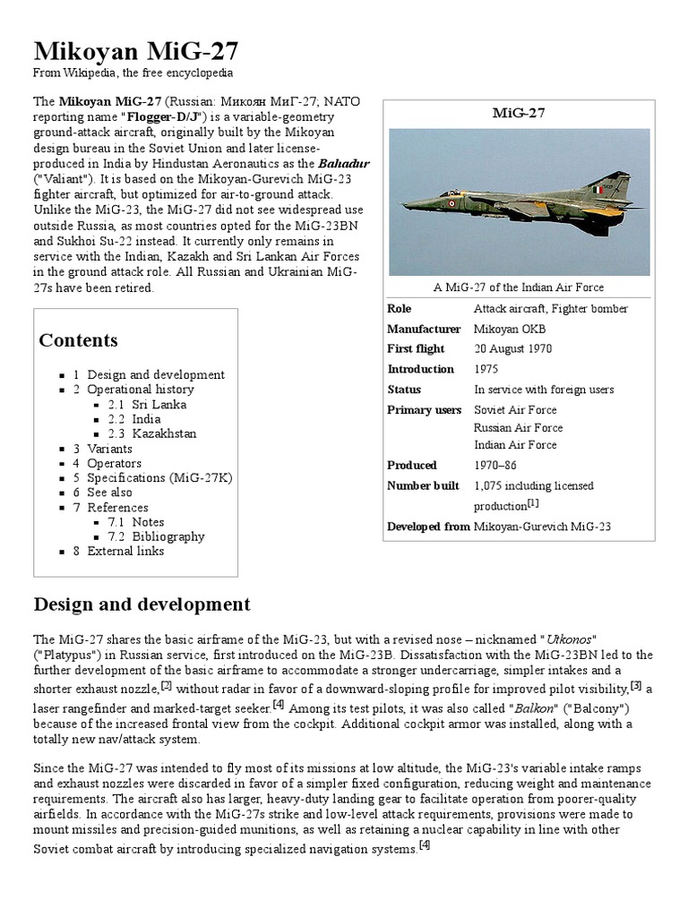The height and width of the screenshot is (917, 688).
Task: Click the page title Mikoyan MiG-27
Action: (135, 50)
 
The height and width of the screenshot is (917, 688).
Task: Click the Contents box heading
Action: (79, 340)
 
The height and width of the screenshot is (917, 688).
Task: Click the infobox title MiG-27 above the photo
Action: (519, 113)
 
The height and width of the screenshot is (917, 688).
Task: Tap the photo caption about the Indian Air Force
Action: (519, 287)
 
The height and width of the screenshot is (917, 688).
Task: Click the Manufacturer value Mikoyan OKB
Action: (509, 329)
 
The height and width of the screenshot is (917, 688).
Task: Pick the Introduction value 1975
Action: (486, 369)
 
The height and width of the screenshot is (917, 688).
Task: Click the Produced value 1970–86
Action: (494, 465)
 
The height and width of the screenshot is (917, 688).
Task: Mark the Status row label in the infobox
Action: (404, 390)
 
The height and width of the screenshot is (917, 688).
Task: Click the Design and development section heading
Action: (142, 604)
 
